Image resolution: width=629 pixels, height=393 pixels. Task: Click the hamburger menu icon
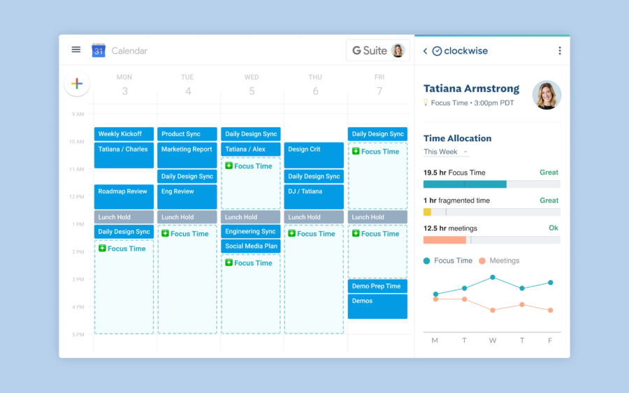coord(76,50)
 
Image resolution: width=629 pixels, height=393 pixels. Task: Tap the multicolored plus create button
coord(77,84)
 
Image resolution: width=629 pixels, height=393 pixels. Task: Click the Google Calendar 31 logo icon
coord(99,50)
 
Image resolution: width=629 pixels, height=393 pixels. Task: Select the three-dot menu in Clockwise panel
coord(559,51)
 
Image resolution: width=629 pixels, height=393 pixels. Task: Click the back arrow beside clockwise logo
coord(425,51)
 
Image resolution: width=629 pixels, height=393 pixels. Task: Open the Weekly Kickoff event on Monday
coord(124,134)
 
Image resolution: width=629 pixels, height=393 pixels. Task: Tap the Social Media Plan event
coord(251,246)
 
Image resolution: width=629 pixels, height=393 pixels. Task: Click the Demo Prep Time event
coord(377,286)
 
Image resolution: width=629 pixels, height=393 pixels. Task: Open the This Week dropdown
coord(445,152)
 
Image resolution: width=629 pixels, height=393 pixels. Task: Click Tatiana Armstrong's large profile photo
coord(547,96)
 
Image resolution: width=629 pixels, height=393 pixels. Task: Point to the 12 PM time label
coord(76,197)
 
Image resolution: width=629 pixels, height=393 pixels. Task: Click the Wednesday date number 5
coord(252,91)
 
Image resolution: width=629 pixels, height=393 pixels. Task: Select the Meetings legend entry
coord(499,260)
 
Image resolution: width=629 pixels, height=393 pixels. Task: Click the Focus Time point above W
coord(493,277)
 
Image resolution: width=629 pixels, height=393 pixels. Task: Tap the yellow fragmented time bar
coord(427,212)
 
